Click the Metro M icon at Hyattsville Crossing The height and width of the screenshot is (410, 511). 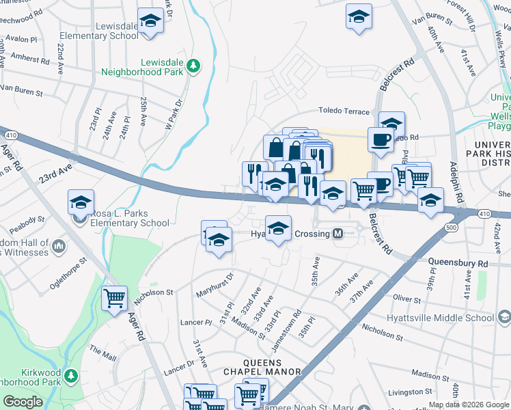337,234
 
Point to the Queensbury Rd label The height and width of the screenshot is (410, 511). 458,262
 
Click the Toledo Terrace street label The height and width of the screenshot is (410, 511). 344,111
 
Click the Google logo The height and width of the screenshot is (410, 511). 23,402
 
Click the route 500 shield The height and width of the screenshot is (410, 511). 450,226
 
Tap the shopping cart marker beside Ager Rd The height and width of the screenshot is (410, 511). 114,298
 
